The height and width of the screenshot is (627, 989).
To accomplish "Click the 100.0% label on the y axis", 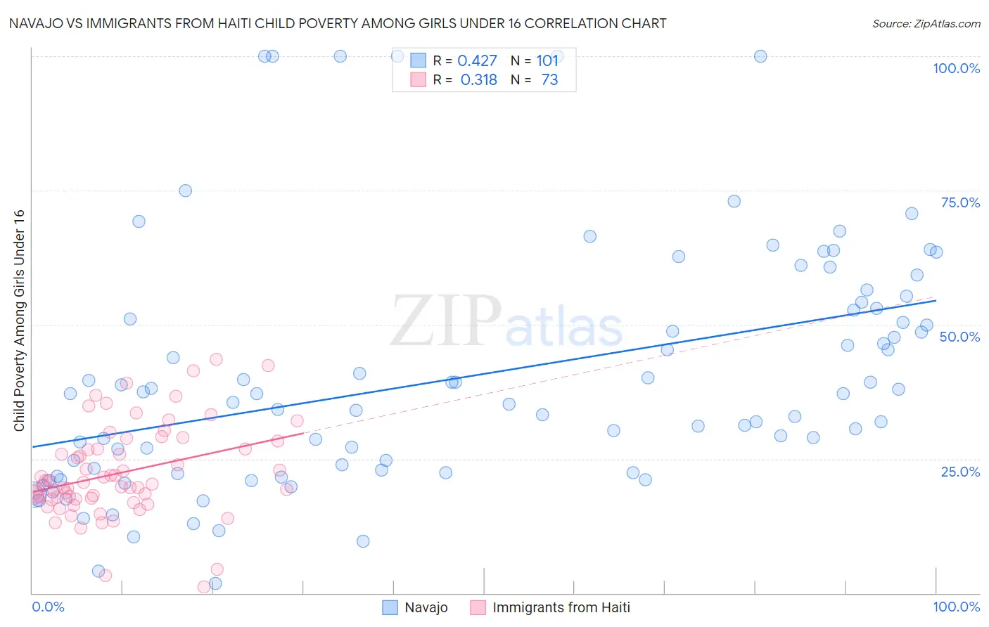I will click(956, 68).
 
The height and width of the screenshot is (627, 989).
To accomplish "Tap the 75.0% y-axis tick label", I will click(960, 202).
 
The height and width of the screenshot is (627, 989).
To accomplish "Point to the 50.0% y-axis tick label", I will click(959, 337).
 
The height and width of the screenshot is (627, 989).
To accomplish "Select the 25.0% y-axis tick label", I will click(960, 471).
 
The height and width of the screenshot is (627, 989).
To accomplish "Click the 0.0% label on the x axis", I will click(48, 607).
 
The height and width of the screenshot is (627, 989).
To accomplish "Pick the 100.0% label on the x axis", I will click(956, 607).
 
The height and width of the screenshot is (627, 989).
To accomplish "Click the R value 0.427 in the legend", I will click(477, 61).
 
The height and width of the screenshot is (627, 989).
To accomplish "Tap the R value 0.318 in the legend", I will click(478, 80).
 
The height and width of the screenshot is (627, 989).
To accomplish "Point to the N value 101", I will click(547, 61).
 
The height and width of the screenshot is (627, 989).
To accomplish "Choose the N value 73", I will click(549, 80).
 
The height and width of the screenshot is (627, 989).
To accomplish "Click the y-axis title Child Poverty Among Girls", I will click(19, 321).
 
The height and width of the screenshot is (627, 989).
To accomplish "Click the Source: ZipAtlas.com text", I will click(926, 23).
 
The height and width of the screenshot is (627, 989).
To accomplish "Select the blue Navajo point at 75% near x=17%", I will click(185, 190).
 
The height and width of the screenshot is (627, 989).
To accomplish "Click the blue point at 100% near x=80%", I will click(760, 56).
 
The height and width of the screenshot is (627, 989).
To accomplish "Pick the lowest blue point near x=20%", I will click(215, 583).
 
